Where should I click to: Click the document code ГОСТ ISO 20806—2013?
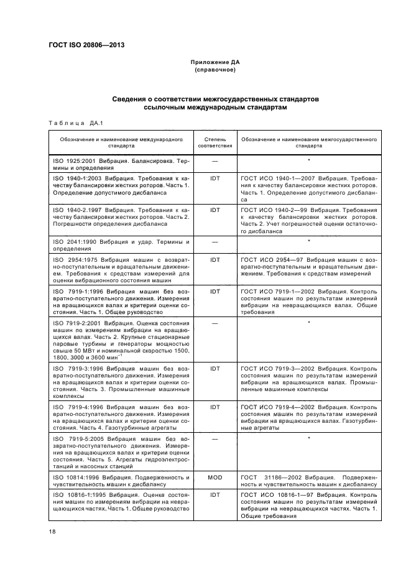85,44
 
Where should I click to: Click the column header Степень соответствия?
215,143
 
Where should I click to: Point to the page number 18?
52,532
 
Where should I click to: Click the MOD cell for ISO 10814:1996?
215,477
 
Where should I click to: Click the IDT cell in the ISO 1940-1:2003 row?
215,177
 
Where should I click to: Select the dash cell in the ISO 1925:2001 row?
215,160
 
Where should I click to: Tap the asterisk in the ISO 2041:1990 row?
309,240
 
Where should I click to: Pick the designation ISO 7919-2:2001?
79,323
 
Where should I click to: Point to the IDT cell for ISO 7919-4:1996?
215,407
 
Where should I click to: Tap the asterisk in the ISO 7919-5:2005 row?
309,438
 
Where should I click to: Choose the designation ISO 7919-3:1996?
79,368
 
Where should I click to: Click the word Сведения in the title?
134,99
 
